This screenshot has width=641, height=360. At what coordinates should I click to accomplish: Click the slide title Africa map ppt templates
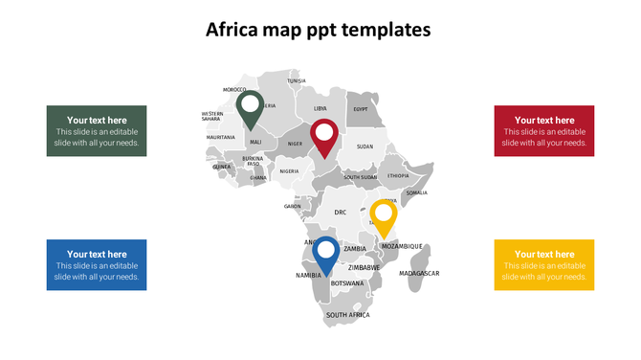click(x=320, y=30)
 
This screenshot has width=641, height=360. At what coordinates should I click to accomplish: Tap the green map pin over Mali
click(x=251, y=107)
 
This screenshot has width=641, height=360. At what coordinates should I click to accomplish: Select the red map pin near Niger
click(x=323, y=135)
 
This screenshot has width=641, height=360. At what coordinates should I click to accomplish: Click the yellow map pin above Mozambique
click(x=384, y=215)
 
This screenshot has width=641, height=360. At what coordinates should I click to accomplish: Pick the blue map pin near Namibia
click(x=325, y=254)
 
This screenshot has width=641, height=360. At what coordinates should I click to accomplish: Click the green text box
click(x=97, y=130)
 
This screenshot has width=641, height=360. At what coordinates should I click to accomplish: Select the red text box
click(x=543, y=130)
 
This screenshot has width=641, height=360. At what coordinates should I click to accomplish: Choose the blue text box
click(x=97, y=264)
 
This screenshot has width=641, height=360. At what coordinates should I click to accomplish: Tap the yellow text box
click(x=543, y=264)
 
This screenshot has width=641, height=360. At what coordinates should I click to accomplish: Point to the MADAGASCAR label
click(x=419, y=273)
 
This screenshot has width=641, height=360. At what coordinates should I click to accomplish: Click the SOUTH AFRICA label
click(x=347, y=314)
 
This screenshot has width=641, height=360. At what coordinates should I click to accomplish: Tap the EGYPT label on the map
click(x=361, y=109)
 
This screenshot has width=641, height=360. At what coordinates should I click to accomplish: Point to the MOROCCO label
click(x=234, y=89)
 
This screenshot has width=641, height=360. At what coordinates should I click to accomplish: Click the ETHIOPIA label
click(x=398, y=175)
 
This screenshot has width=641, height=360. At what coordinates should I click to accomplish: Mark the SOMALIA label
click(x=416, y=192)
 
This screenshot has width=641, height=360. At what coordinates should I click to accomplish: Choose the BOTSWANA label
click(x=347, y=283)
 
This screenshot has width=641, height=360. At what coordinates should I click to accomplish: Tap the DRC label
click(x=340, y=213)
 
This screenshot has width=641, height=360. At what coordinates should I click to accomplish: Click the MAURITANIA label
click(x=220, y=137)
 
